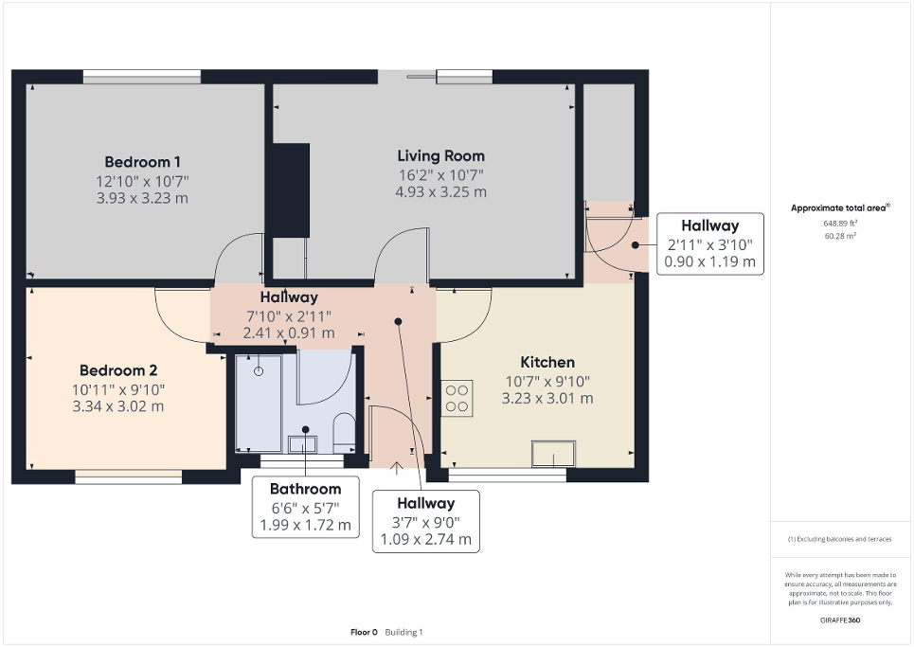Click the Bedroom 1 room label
[x=143, y=161]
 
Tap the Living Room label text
[x=440, y=155]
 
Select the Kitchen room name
[x=547, y=362]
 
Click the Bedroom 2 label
[x=118, y=370]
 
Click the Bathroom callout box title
[x=304, y=490]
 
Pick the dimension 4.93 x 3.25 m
[x=440, y=191]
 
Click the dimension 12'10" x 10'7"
[x=143, y=180]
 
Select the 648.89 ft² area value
[x=841, y=224]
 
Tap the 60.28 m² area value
[x=841, y=236]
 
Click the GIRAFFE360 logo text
[x=841, y=620]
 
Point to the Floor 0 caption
[x=364, y=632]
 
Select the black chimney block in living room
[x=289, y=189]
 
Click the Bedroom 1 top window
[x=141, y=77]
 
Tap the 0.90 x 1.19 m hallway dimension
[x=709, y=261]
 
